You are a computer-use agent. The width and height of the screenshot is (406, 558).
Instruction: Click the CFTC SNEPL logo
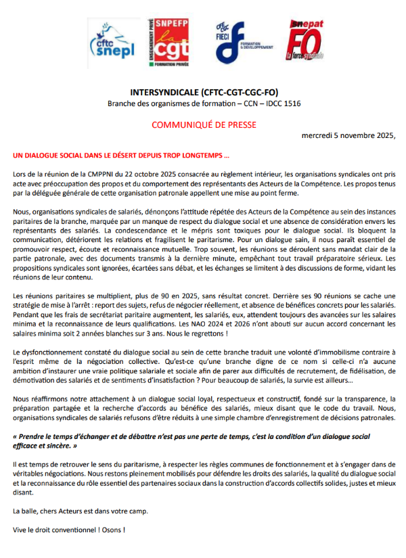click(112, 41)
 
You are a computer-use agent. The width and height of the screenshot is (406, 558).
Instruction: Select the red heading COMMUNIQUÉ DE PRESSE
click(204, 124)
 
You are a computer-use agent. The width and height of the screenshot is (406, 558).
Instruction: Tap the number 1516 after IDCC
click(289, 103)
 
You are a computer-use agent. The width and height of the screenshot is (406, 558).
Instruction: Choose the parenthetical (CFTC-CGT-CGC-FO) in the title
click(240, 91)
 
